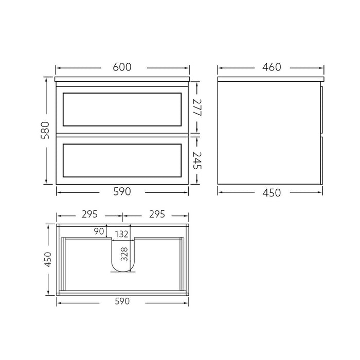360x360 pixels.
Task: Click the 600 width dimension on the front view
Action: tap(122, 67)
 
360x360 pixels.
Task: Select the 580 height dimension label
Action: tap(45, 130)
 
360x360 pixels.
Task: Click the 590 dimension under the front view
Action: tap(122, 191)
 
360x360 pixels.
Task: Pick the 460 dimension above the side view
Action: tap(271, 67)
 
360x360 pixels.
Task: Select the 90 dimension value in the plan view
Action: tap(99, 232)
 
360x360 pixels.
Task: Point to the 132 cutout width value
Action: tap(121, 235)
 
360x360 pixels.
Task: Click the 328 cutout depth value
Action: tap(123, 254)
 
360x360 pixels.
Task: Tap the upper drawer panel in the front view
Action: tap(122, 109)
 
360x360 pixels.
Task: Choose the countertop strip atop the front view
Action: tap(122, 80)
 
